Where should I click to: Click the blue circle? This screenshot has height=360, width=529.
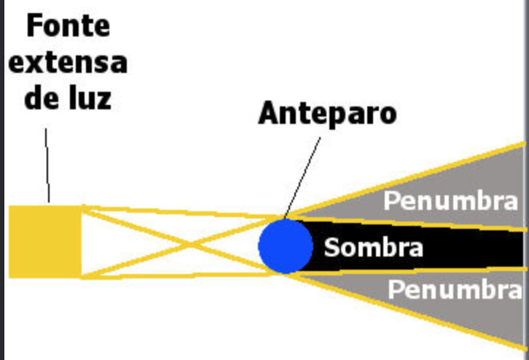pos(286,246)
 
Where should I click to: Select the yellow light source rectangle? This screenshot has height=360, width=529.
pos(45,241)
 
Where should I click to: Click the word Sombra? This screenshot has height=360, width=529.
pos(373,247)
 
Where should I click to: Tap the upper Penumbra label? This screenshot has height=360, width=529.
pos(450,200)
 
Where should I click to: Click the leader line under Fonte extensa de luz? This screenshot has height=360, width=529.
pos(47,164)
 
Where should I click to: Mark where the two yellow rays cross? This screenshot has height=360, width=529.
pos(183,242)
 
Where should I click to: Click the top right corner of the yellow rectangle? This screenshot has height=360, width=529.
pos(81,207)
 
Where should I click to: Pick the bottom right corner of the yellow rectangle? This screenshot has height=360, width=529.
pos(81,277)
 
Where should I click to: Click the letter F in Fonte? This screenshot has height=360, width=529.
pos(34,26)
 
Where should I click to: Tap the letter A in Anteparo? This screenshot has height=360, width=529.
pos(269,114)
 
